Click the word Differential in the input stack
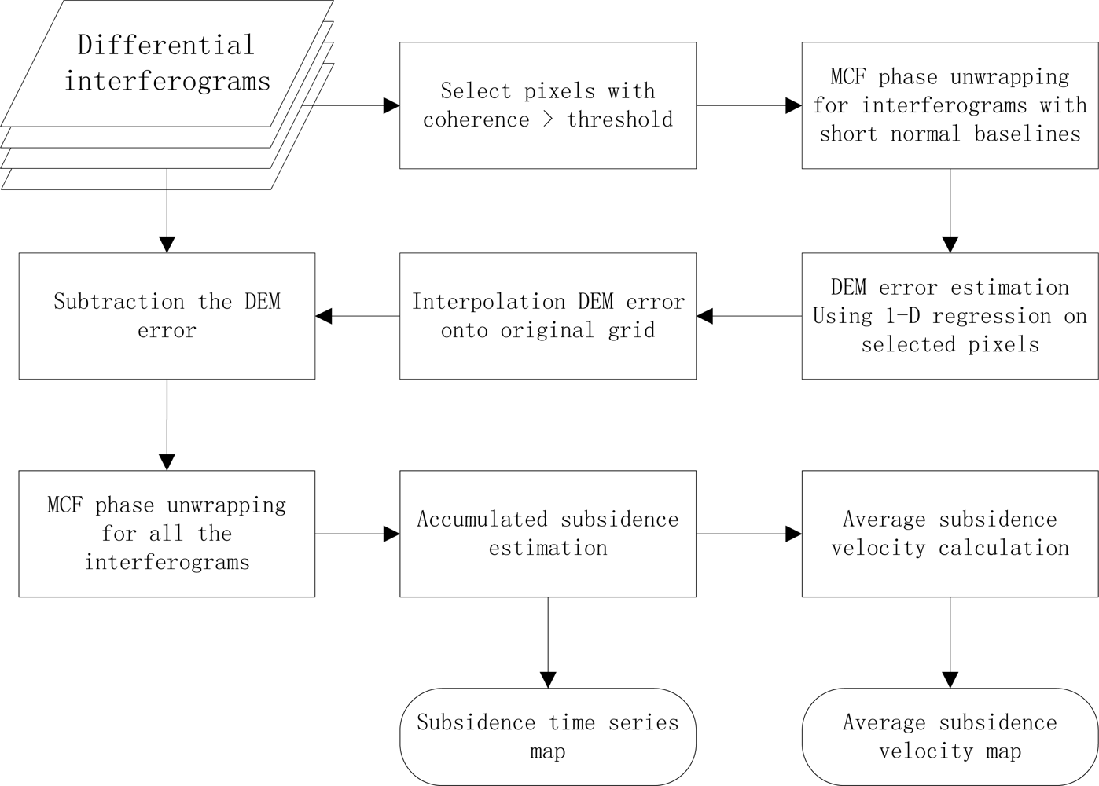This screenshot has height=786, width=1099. (166, 45)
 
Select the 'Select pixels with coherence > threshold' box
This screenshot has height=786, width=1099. (547, 105)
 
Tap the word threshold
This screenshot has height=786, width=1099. (619, 119)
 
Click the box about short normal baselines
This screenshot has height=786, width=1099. (950, 105)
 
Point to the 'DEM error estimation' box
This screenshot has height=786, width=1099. (950, 316)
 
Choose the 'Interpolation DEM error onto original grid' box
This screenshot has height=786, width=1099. (547, 316)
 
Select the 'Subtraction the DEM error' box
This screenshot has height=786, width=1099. (167, 316)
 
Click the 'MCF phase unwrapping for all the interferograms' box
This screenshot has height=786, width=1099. (167, 534)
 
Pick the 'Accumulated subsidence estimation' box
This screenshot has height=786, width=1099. (547, 534)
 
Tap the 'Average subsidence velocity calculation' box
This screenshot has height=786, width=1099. (950, 534)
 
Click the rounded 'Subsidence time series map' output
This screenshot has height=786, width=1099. (547, 736)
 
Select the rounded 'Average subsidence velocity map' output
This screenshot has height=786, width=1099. (950, 736)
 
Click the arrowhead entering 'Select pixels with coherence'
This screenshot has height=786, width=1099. (391, 105)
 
